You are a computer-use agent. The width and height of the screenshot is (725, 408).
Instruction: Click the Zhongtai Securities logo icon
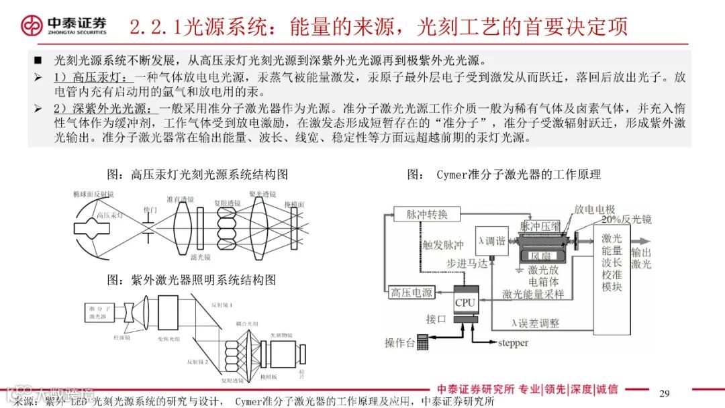pos(32,25)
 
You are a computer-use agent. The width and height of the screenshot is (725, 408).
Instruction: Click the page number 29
pos(665,393)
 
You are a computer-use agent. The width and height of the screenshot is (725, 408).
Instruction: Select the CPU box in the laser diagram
pos(465,303)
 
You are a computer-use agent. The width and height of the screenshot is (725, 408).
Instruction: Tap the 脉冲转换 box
pos(426,214)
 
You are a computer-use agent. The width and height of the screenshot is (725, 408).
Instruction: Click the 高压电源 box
pos(412,293)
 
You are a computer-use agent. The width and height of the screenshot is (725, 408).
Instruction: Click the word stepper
pos(513,343)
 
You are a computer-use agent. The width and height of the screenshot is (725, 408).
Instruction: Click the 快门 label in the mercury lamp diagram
pos(149,211)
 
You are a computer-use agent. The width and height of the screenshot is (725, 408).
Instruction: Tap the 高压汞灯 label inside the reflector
pos(108,216)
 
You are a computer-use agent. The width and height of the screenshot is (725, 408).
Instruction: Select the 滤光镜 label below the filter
pos(199,257)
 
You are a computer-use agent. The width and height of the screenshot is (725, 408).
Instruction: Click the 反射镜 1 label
pos(221,305)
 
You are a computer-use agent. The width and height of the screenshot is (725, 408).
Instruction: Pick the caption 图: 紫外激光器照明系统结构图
pos(191,279)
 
